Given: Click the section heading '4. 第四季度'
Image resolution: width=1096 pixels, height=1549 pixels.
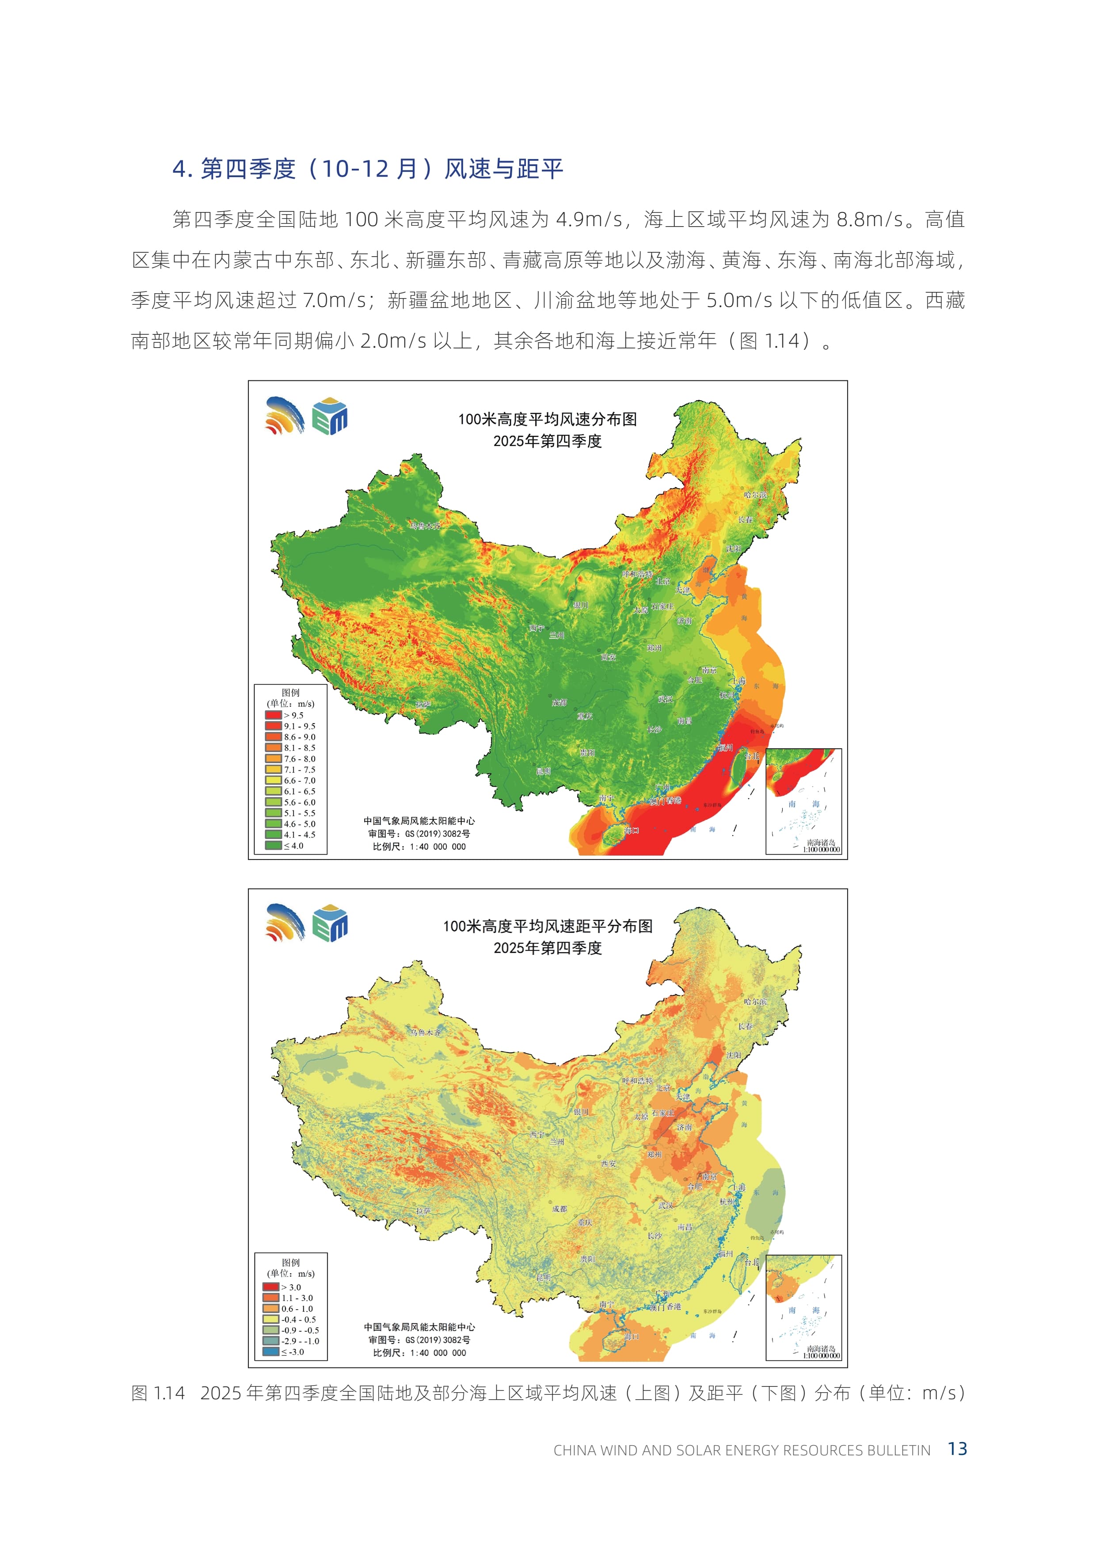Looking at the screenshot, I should (233, 169).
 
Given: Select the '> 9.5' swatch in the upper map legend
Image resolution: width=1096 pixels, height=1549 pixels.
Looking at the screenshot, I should (273, 715).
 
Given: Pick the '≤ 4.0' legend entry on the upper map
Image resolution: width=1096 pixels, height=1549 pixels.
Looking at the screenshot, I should (273, 845).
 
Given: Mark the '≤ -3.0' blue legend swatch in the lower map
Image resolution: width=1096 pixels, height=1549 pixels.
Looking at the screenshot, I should (270, 1351).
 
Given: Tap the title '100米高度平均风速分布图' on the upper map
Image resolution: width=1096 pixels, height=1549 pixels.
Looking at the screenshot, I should (547, 419).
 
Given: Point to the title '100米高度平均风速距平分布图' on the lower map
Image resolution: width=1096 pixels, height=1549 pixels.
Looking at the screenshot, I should (547, 926).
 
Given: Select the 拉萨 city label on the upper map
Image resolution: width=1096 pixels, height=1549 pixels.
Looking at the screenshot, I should (423, 704).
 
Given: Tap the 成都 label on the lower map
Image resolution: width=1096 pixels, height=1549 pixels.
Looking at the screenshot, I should (559, 1209).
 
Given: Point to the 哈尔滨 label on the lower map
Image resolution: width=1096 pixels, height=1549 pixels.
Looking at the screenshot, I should (755, 1001).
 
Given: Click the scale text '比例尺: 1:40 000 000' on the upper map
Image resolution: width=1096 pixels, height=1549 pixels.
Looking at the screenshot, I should (419, 847).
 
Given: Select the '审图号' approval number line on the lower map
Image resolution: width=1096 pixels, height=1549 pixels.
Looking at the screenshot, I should (419, 1340).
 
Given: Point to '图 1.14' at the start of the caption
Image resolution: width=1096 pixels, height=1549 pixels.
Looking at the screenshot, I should (158, 1393).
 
